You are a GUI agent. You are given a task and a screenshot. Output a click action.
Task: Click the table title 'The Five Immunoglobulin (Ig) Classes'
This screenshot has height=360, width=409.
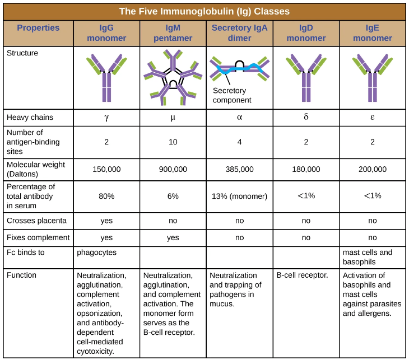tap(204, 11)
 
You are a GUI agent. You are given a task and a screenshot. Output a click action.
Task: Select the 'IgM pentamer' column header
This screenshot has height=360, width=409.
tap(173, 33)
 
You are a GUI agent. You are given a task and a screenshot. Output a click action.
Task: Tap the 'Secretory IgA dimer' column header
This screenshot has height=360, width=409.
tap(239, 33)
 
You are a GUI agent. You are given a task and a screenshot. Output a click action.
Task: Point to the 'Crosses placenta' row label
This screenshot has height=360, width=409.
tap(36, 221)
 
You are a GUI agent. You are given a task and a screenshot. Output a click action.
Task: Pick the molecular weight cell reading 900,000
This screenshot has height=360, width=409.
tap(173, 169)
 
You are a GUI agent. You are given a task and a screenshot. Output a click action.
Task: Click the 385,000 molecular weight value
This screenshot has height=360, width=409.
tap(239, 169)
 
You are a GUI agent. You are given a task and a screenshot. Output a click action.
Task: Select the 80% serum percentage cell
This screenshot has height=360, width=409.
tap(106, 196)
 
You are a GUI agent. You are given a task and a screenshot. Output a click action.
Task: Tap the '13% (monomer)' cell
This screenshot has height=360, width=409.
tap(239, 196)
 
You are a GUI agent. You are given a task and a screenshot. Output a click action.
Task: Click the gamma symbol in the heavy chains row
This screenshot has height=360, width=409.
tap(106, 118)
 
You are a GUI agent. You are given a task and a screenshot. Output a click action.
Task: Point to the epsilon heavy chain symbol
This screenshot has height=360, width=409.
tap(373, 118)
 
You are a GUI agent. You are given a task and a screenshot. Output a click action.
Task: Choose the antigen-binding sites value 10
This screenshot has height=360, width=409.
tap(173, 142)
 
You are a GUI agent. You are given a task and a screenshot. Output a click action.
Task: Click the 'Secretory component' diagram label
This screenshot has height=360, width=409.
tap(232, 96)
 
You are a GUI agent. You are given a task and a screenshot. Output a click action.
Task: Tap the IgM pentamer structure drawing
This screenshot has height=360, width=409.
tap(173, 78)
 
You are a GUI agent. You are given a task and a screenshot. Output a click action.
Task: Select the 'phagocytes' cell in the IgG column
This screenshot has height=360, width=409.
tap(96, 253)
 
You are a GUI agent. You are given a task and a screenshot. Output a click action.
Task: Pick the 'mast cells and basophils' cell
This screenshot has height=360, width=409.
tap(367, 257)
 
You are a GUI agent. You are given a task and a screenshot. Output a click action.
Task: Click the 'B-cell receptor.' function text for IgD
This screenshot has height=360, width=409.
tap(302, 275)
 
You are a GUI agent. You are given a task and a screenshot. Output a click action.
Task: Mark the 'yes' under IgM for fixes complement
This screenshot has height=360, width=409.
tap(173, 237)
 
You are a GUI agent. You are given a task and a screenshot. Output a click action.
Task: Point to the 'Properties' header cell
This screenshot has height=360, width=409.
tap(38, 28)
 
